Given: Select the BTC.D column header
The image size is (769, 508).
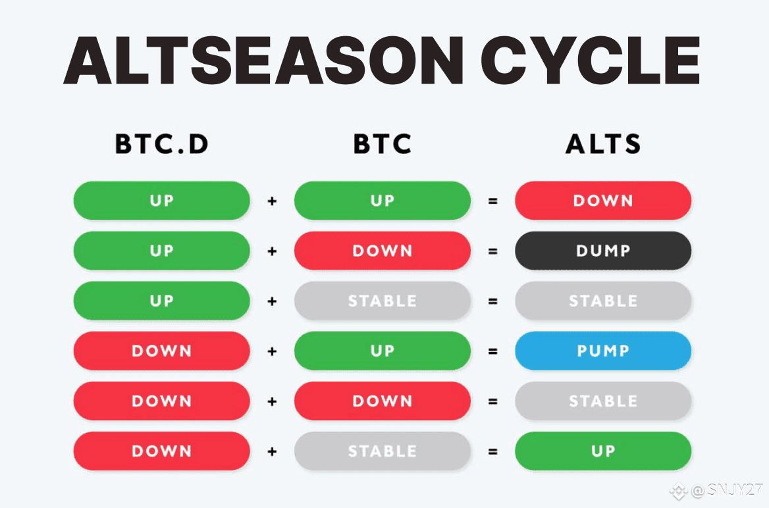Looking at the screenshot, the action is click(x=162, y=143).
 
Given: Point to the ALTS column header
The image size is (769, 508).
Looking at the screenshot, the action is click(x=603, y=143).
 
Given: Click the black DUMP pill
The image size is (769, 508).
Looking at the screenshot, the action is click(x=603, y=251).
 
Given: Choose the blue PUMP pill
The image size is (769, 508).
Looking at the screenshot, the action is click(x=603, y=351).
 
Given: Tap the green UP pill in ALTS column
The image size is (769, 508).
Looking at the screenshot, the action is click(x=603, y=451).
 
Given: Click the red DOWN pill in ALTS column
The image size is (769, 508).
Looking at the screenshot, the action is click(x=603, y=201).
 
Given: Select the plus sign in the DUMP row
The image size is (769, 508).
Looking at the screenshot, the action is click(x=272, y=251).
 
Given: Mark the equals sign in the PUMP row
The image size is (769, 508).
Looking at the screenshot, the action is click(x=493, y=351).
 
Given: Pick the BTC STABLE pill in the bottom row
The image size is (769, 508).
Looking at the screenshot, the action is click(x=383, y=451).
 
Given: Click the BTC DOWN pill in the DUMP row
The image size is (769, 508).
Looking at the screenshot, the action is click(x=383, y=251).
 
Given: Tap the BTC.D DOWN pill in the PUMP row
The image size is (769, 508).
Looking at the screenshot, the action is click(x=162, y=351).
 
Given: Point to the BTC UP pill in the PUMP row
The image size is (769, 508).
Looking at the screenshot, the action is click(x=383, y=351).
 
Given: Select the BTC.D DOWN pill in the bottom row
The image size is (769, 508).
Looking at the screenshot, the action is click(x=162, y=451).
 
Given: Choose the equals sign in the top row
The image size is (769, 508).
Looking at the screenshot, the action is click(x=493, y=201).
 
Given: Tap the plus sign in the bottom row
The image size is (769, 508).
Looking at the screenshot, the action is click(x=272, y=451).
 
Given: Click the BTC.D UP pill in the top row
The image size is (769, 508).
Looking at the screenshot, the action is click(x=162, y=201).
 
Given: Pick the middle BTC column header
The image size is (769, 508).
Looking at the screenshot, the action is click(x=383, y=143).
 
